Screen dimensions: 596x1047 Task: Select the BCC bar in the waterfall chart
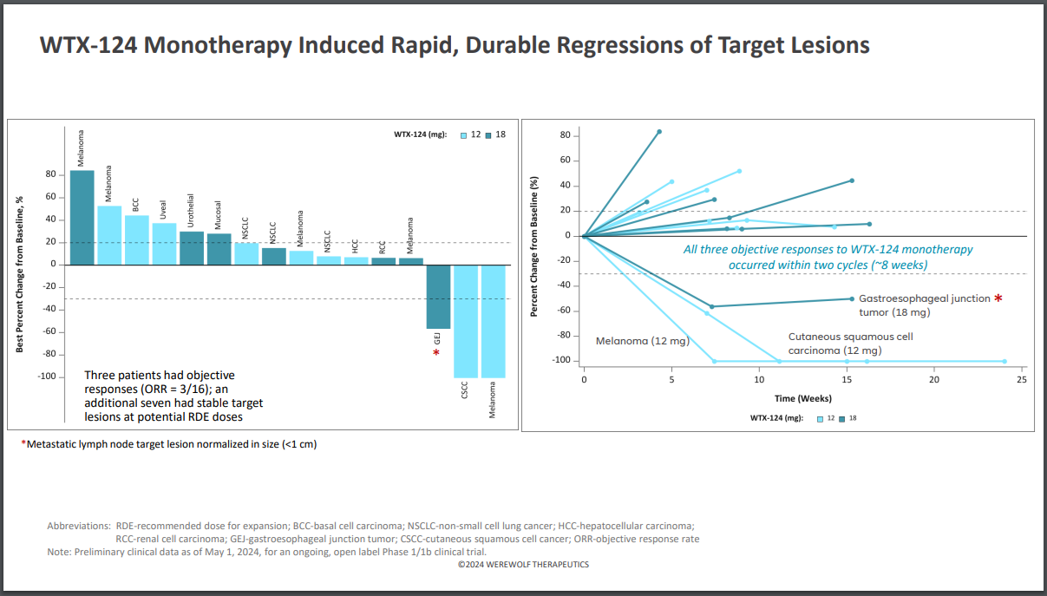136,239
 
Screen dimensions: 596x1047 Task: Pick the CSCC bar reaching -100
466,321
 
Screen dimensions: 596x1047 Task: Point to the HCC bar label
355,246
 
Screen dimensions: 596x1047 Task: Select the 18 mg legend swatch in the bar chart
489,134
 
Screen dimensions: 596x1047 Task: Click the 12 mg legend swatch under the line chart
820,418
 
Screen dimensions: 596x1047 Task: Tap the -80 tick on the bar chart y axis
49,354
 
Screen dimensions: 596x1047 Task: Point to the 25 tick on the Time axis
1022,380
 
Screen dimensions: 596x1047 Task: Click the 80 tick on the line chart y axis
566,135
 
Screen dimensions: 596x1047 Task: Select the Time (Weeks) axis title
803,398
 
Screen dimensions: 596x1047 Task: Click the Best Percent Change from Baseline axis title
19,272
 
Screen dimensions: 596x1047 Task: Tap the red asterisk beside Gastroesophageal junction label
998,298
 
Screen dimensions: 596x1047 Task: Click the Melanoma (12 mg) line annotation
642,342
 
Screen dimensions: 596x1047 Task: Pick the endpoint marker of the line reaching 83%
659,132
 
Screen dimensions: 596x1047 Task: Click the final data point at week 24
1004,361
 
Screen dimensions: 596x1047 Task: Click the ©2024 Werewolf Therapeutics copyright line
523,565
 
